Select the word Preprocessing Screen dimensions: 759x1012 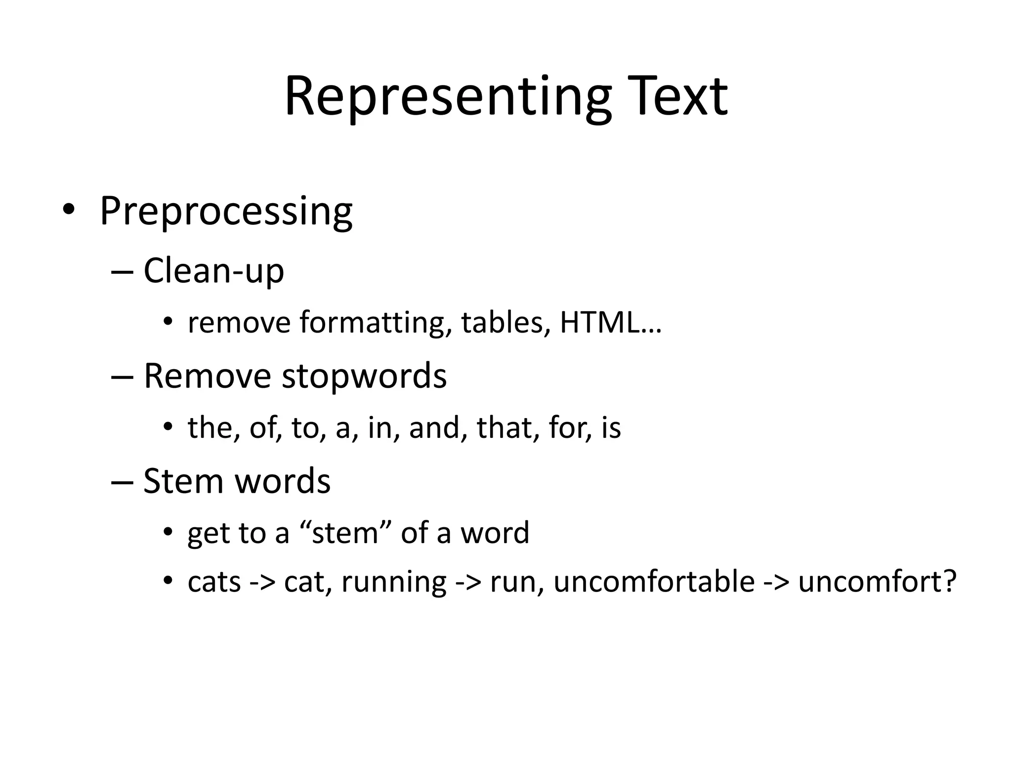coord(226,211)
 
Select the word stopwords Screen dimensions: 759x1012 coord(364,376)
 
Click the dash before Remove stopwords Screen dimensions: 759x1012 coord(123,377)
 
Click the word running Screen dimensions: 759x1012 coord(394,582)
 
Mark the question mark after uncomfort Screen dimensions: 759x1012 coord(949,581)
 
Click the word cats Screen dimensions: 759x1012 coord(214,582)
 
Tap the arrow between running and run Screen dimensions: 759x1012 coord(468,582)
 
